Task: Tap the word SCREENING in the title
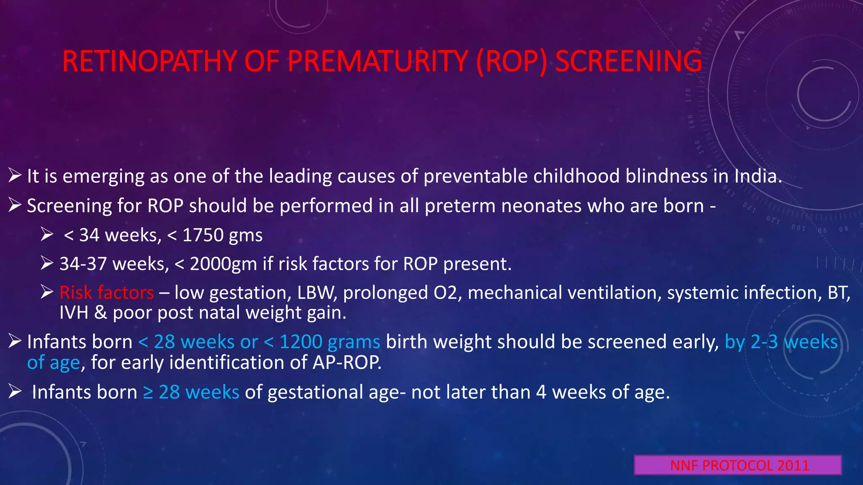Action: [x=628, y=61]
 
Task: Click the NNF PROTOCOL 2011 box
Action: [x=738, y=465]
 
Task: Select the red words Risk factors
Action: [x=107, y=293]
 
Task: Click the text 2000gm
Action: [x=223, y=264]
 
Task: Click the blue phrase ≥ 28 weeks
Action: [x=191, y=392]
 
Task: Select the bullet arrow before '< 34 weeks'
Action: [x=47, y=234]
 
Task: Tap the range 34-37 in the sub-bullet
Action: [x=83, y=264]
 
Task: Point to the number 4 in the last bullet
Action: [x=541, y=392]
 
